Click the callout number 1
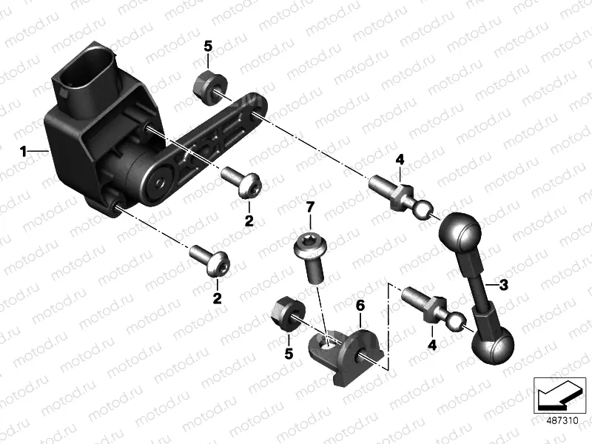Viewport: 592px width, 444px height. (24, 152)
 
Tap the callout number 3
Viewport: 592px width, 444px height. (504, 285)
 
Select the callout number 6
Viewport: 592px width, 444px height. (360, 306)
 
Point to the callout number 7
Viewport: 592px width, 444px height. (310, 207)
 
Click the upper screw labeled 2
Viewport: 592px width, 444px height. (242, 182)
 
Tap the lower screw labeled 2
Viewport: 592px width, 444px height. (211, 260)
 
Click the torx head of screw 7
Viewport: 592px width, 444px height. (310, 245)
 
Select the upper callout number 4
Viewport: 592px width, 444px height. (400, 160)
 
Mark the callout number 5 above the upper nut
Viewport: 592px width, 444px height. (208, 47)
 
